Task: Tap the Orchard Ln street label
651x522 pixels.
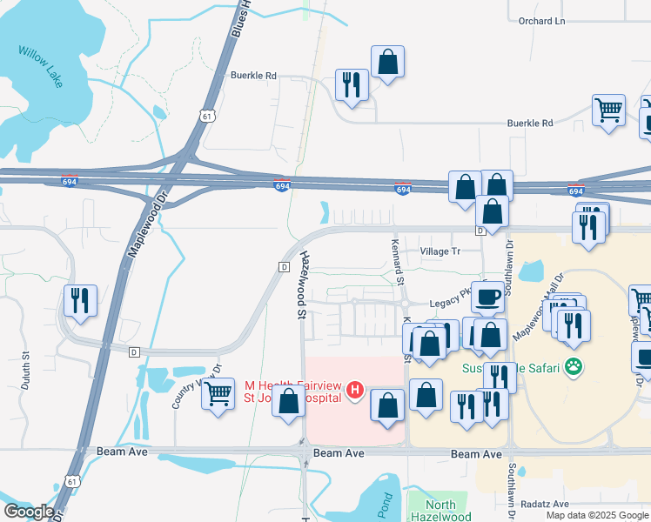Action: point(541,20)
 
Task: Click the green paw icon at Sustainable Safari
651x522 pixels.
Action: point(573,367)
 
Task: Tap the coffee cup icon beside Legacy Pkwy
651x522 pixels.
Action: point(488,297)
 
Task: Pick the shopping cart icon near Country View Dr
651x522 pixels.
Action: point(218,392)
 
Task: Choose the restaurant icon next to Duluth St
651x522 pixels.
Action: point(81,300)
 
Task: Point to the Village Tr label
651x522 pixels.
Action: point(440,251)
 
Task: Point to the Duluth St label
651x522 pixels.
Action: point(25,369)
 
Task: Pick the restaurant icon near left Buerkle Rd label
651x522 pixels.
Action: point(352,84)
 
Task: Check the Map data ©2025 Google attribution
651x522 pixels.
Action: point(598,515)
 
